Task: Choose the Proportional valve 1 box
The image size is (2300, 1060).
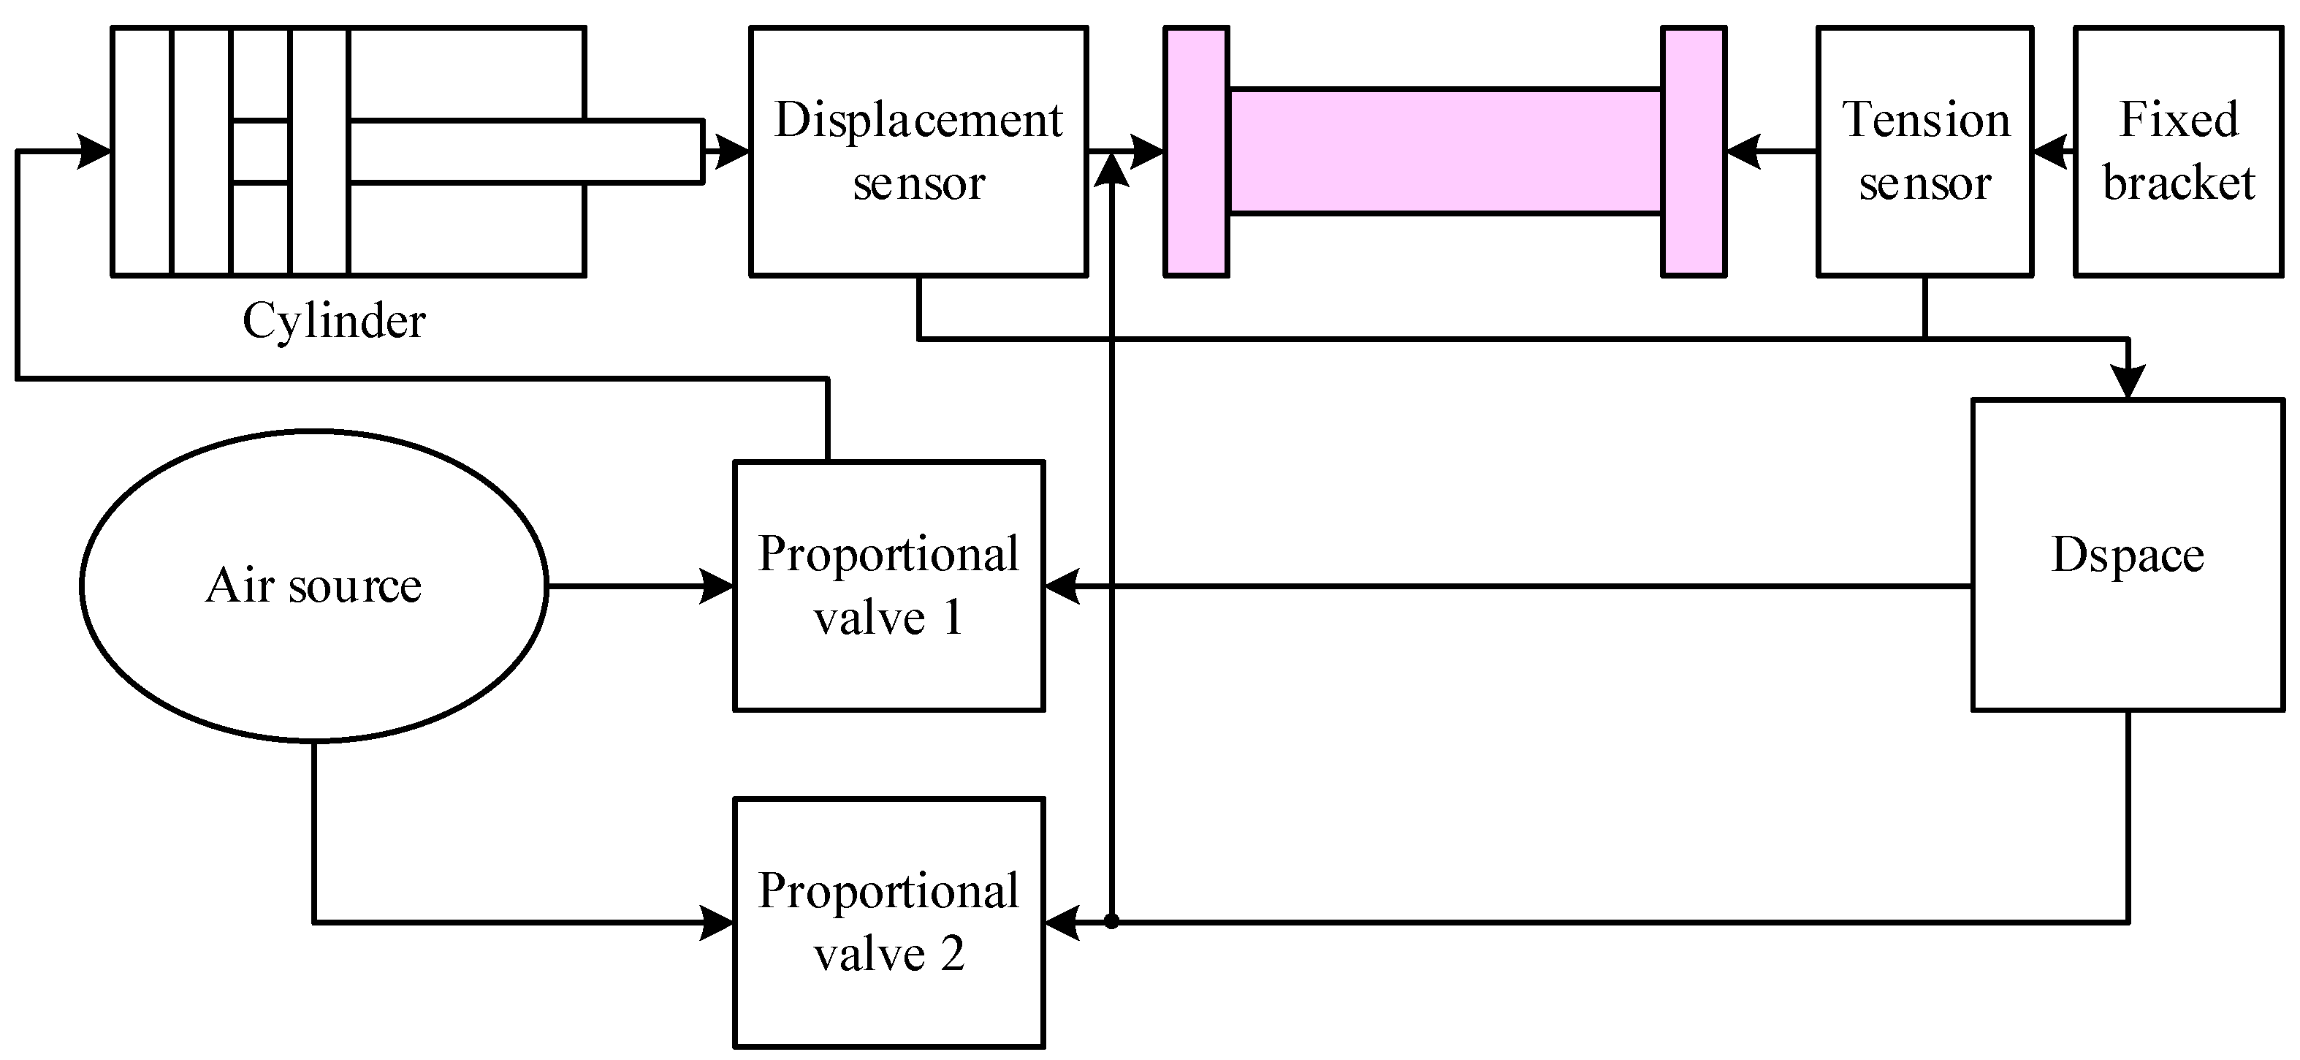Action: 888,586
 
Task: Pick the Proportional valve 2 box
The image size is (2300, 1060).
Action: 888,922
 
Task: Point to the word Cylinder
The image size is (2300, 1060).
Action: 334,321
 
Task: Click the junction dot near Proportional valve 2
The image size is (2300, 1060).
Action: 1111,920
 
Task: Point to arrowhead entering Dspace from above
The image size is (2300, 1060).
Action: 2128,382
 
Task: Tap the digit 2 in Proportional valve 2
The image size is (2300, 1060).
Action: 952,955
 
